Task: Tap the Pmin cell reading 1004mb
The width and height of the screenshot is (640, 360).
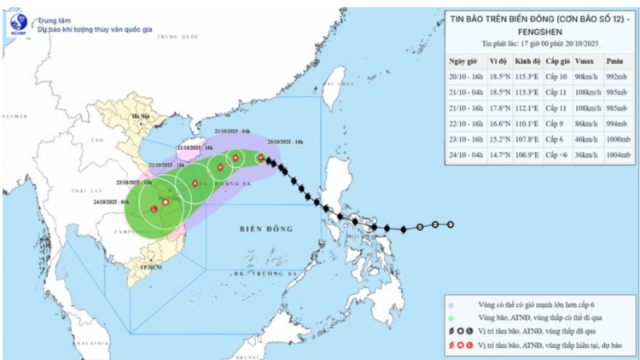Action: click(x=613, y=155)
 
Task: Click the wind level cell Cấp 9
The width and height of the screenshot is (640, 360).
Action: click(x=556, y=124)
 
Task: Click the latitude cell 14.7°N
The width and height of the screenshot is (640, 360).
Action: click(x=498, y=155)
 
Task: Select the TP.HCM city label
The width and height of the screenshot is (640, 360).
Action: click(x=150, y=266)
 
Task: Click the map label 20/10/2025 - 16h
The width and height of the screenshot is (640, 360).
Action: click(x=282, y=142)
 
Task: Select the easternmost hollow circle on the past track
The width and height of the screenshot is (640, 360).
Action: click(x=450, y=224)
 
